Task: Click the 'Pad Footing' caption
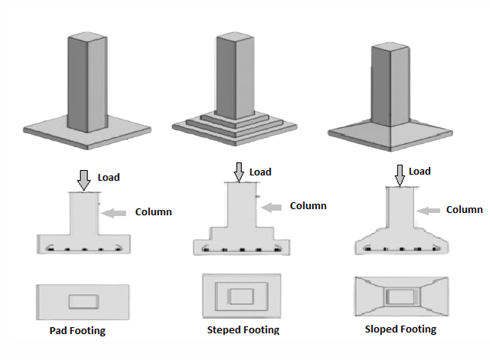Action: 77,331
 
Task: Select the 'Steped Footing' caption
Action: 243,330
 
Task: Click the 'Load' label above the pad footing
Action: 109,177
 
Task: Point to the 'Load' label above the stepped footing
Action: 260,172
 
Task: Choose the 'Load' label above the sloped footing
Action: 419,171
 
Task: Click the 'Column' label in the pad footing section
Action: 153,211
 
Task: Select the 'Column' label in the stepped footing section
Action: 308,205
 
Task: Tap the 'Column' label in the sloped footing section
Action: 464,209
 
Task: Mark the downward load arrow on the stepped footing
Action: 240,172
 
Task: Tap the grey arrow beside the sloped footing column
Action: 429,209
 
